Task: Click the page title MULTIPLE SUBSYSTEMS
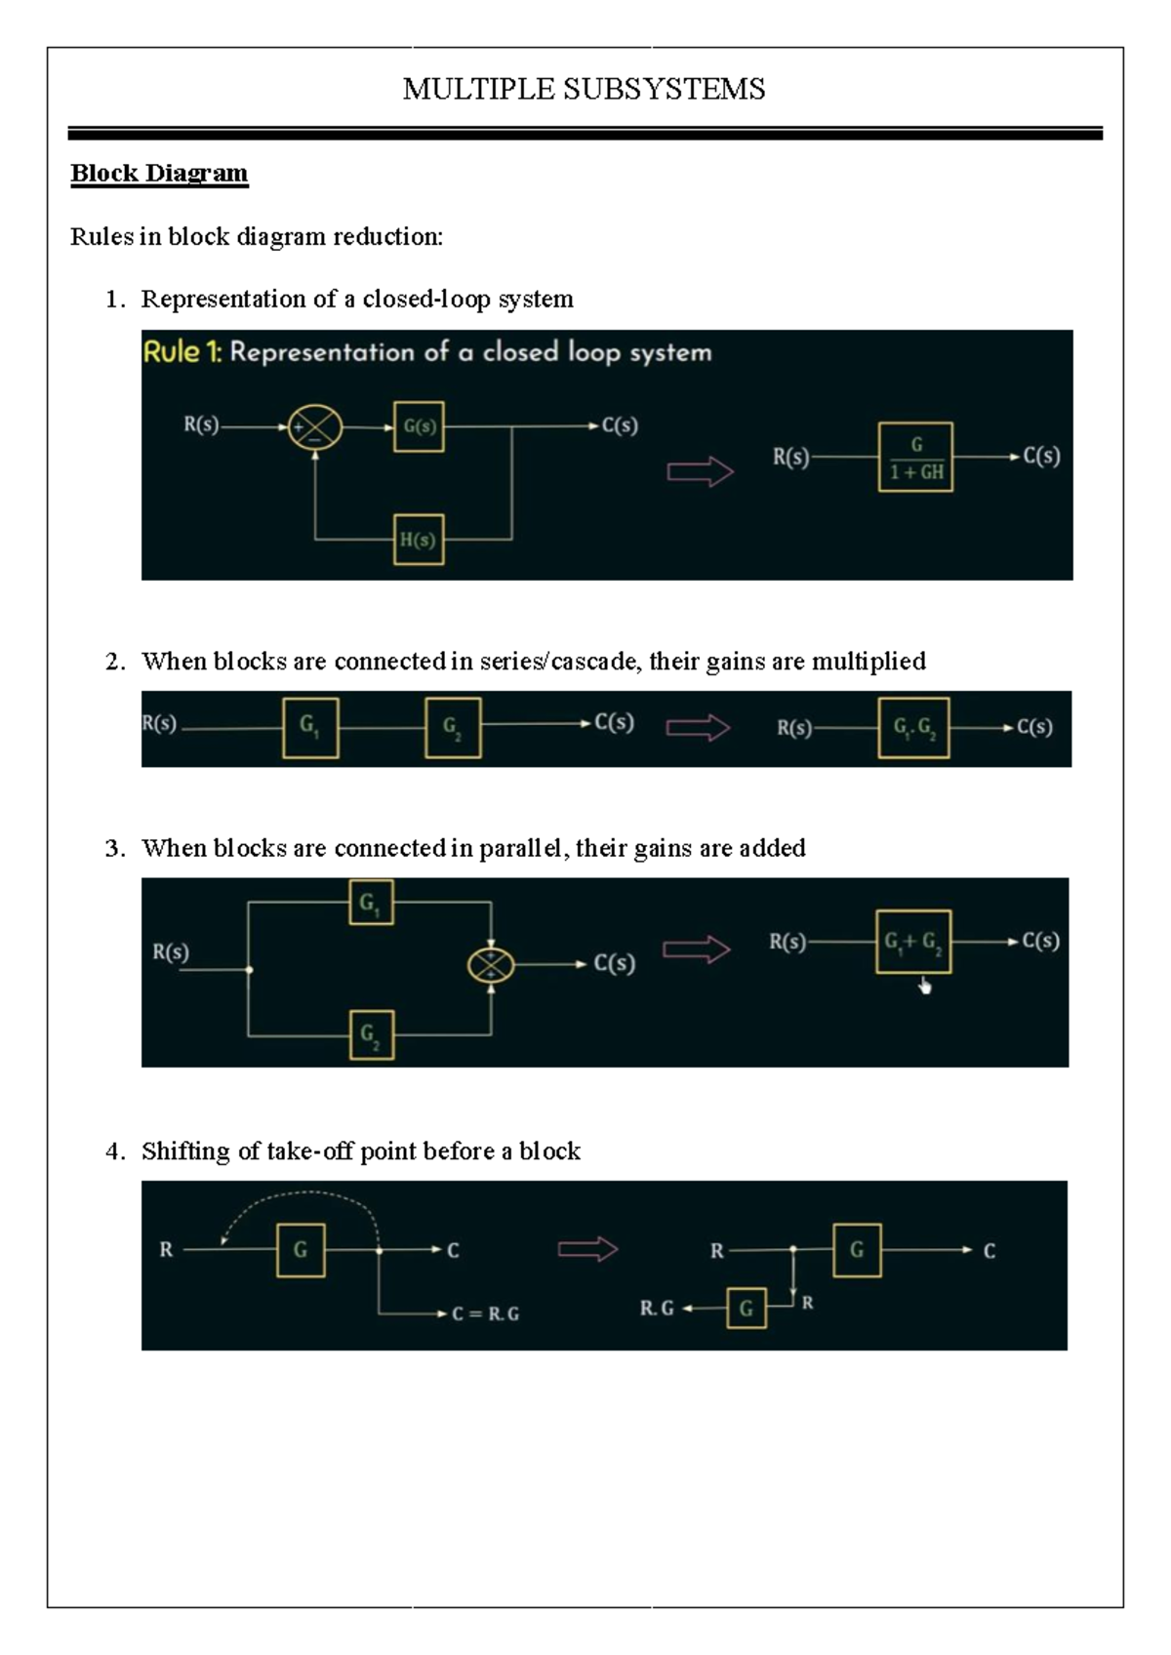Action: (584, 89)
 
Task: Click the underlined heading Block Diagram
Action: (159, 173)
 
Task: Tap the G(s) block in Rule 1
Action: (419, 426)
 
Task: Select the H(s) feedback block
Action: (419, 540)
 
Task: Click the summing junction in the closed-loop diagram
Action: (315, 427)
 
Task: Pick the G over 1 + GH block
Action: (915, 457)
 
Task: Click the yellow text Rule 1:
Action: (182, 352)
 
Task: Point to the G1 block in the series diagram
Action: (310, 727)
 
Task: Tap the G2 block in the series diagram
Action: (453, 727)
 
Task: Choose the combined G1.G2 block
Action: (913, 727)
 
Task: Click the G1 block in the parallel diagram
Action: (371, 903)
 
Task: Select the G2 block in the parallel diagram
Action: (371, 1034)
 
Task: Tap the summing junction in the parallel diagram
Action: (491, 965)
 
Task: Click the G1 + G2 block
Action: (913, 943)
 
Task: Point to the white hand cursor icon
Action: (925, 988)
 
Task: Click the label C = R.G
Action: (485, 1313)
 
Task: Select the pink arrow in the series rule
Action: (698, 728)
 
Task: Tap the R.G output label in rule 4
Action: (657, 1308)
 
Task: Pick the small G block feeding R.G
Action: (747, 1308)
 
